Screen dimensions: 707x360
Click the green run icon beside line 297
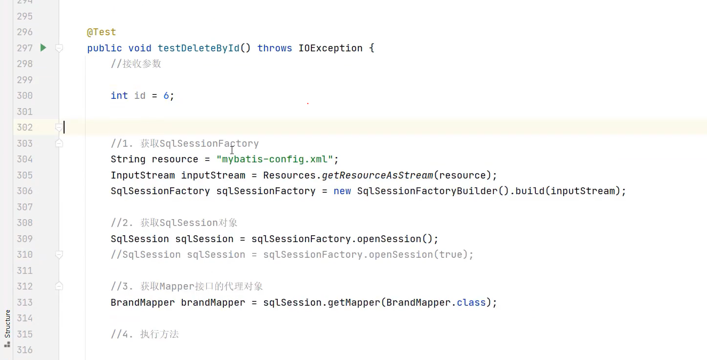[x=43, y=47]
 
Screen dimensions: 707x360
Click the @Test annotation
[x=101, y=32]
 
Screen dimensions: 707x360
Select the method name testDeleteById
[x=199, y=48]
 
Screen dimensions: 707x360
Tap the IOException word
[x=331, y=48]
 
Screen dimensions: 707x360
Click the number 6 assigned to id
[x=166, y=96]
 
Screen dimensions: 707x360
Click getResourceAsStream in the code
[x=377, y=175]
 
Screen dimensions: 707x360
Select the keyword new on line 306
[x=342, y=191]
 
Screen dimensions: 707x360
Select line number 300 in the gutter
[x=24, y=96]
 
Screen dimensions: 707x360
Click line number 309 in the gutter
[x=24, y=239]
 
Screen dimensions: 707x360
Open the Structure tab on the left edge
[x=7, y=324]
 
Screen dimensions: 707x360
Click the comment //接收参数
[x=136, y=64]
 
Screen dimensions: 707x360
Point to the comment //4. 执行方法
[x=145, y=335]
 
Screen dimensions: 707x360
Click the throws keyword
[x=275, y=48]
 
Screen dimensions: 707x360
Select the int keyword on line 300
[x=119, y=96]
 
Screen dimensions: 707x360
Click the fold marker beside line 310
[x=59, y=254]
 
